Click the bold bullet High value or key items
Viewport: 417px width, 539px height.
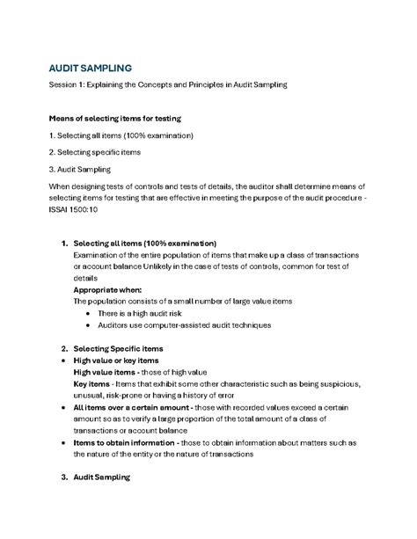[x=116, y=361]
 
